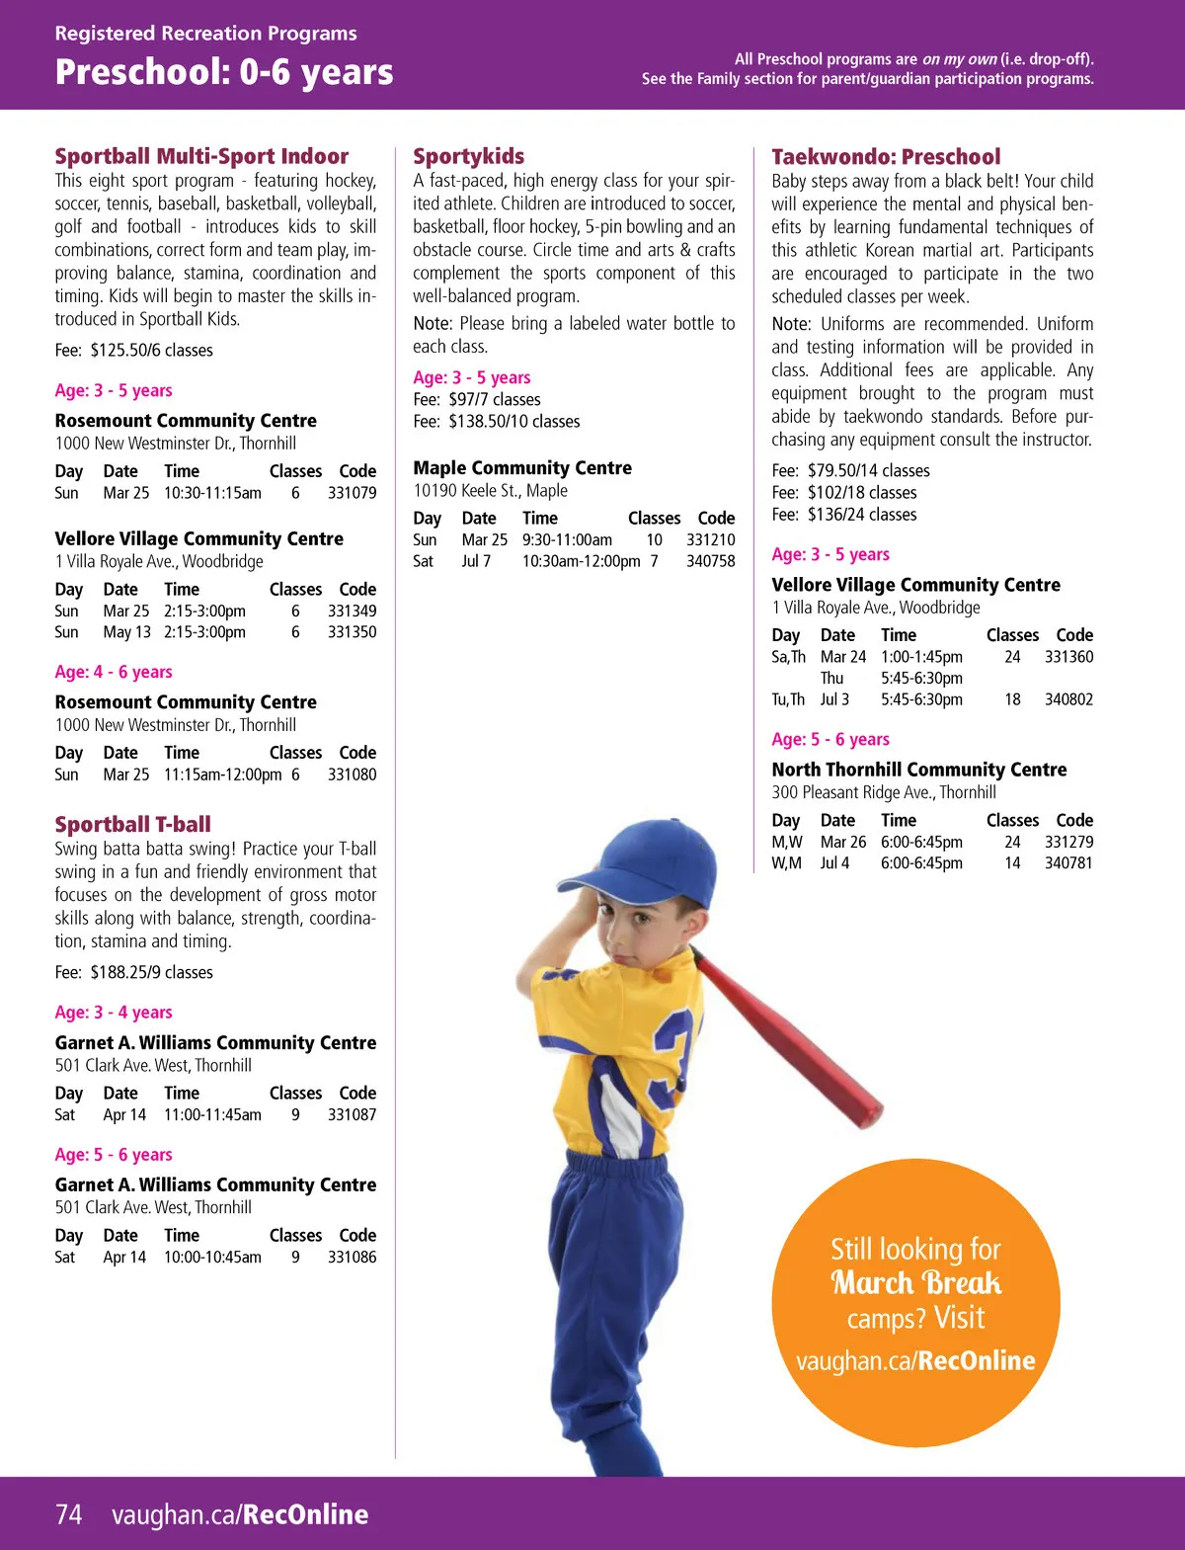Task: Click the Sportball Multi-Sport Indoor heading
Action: (x=201, y=156)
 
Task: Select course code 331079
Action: (x=352, y=493)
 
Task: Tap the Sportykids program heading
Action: (x=468, y=156)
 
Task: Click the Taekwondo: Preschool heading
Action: (x=886, y=156)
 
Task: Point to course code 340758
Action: (x=710, y=561)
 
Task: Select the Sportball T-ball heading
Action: (x=132, y=825)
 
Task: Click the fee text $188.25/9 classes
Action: (x=151, y=972)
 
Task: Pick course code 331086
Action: (x=352, y=1258)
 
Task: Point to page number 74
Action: (x=68, y=1514)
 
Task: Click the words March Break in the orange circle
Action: (x=915, y=1283)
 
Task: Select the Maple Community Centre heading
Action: (x=522, y=468)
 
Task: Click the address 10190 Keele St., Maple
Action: (x=490, y=491)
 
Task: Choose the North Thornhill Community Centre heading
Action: (x=918, y=770)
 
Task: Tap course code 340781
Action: (x=1068, y=863)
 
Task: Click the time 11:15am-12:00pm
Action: (x=222, y=775)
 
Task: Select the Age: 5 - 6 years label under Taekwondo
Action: (x=830, y=740)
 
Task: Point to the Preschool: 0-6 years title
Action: (x=224, y=72)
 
